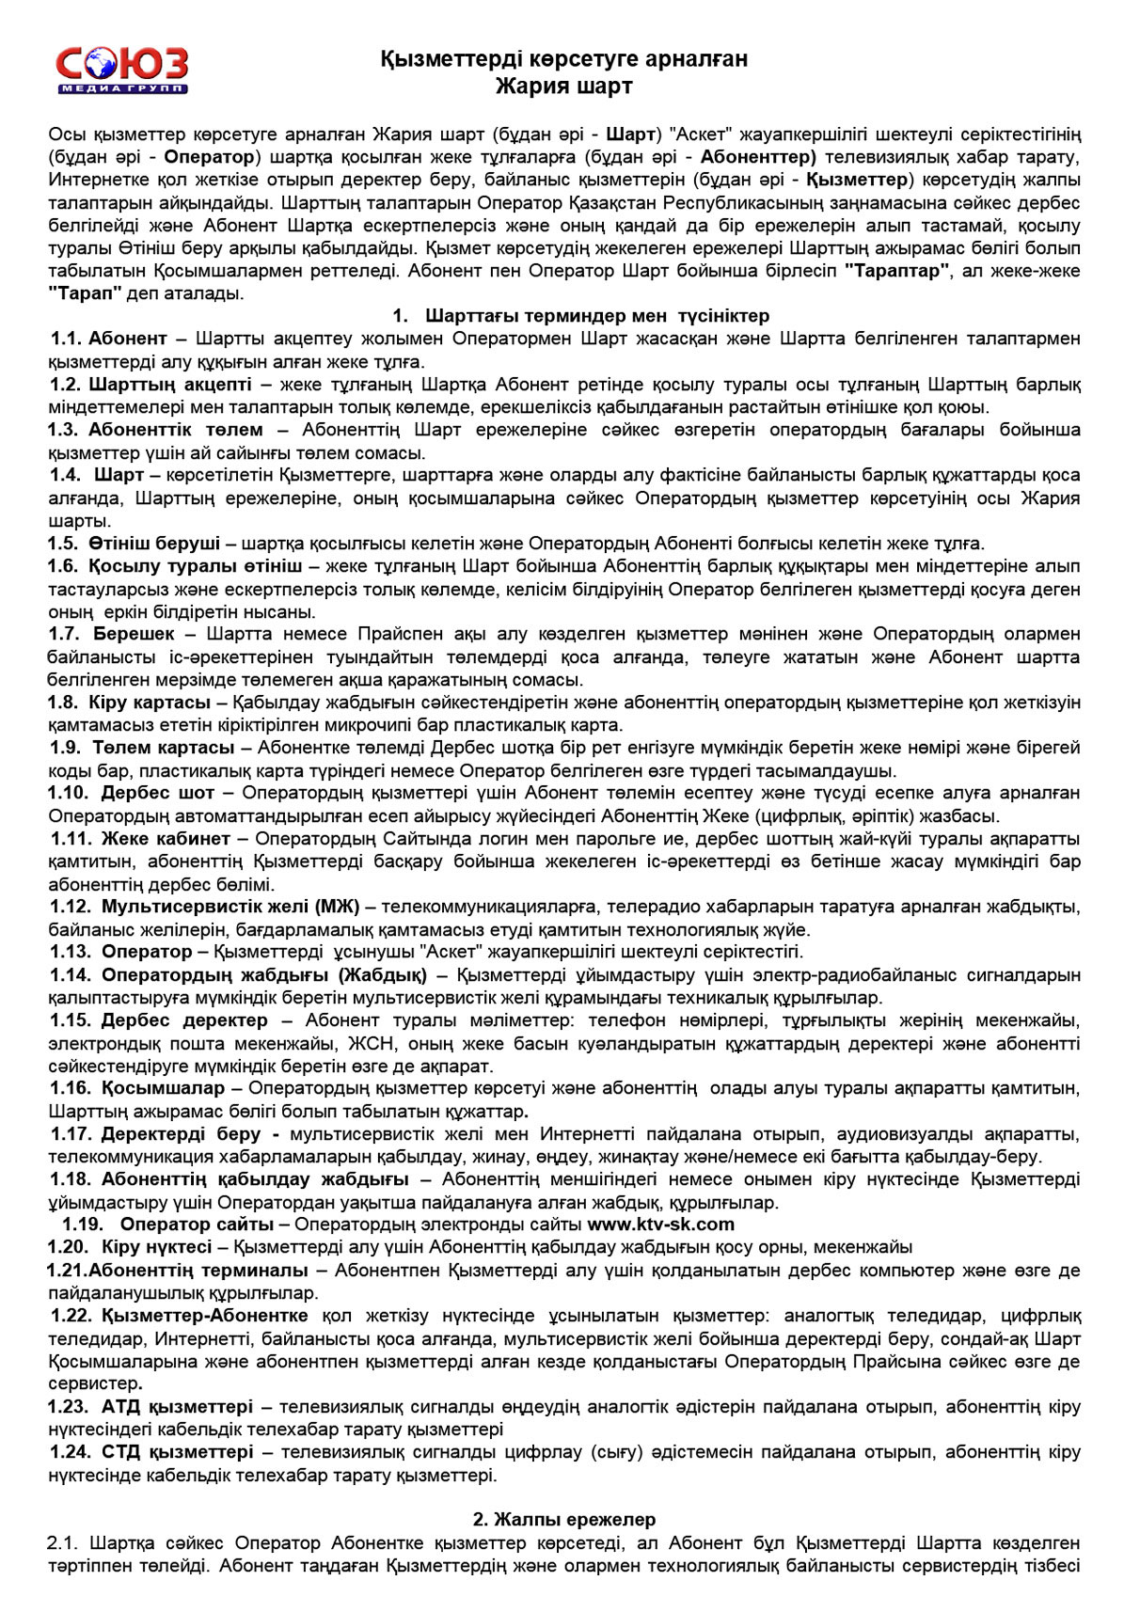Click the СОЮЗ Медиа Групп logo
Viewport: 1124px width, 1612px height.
click(x=121, y=70)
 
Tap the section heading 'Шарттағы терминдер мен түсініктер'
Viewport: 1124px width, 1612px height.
click(x=597, y=315)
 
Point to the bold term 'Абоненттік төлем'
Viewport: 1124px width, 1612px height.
click(x=176, y=430)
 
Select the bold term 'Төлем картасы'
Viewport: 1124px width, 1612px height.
click(x=163, y=748)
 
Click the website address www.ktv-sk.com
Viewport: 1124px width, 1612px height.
click(x=660, y=1224)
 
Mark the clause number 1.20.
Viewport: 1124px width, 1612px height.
click(x=69, y=1247)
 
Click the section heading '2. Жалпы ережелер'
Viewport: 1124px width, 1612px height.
click(x=563, y=1520)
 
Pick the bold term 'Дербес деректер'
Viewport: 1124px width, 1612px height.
click(x=184, y=1019)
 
